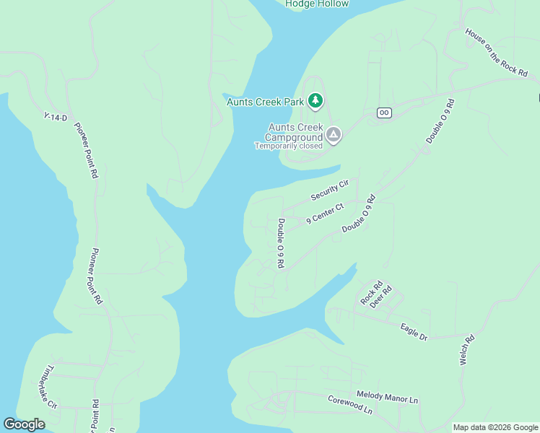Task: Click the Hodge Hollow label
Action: point(317,4)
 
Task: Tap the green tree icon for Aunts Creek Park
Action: point(315,101)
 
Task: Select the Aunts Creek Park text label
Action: point(265,102)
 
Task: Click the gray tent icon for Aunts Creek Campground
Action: point(334,135)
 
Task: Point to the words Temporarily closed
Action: point(288,146)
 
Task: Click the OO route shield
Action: point(384,113)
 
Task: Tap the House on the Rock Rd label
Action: point(497,52)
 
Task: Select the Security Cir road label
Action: point(330,191)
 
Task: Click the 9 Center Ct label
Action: point(325,214)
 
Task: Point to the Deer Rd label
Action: point(380,297)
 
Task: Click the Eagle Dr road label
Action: point(414,332)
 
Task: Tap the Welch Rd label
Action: point(467,349)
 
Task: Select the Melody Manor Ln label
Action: point(387,398)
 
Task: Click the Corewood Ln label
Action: point(350,404)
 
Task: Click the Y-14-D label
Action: point(55,117)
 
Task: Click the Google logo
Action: point(25,424)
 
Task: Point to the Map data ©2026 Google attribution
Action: point(495,427)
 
